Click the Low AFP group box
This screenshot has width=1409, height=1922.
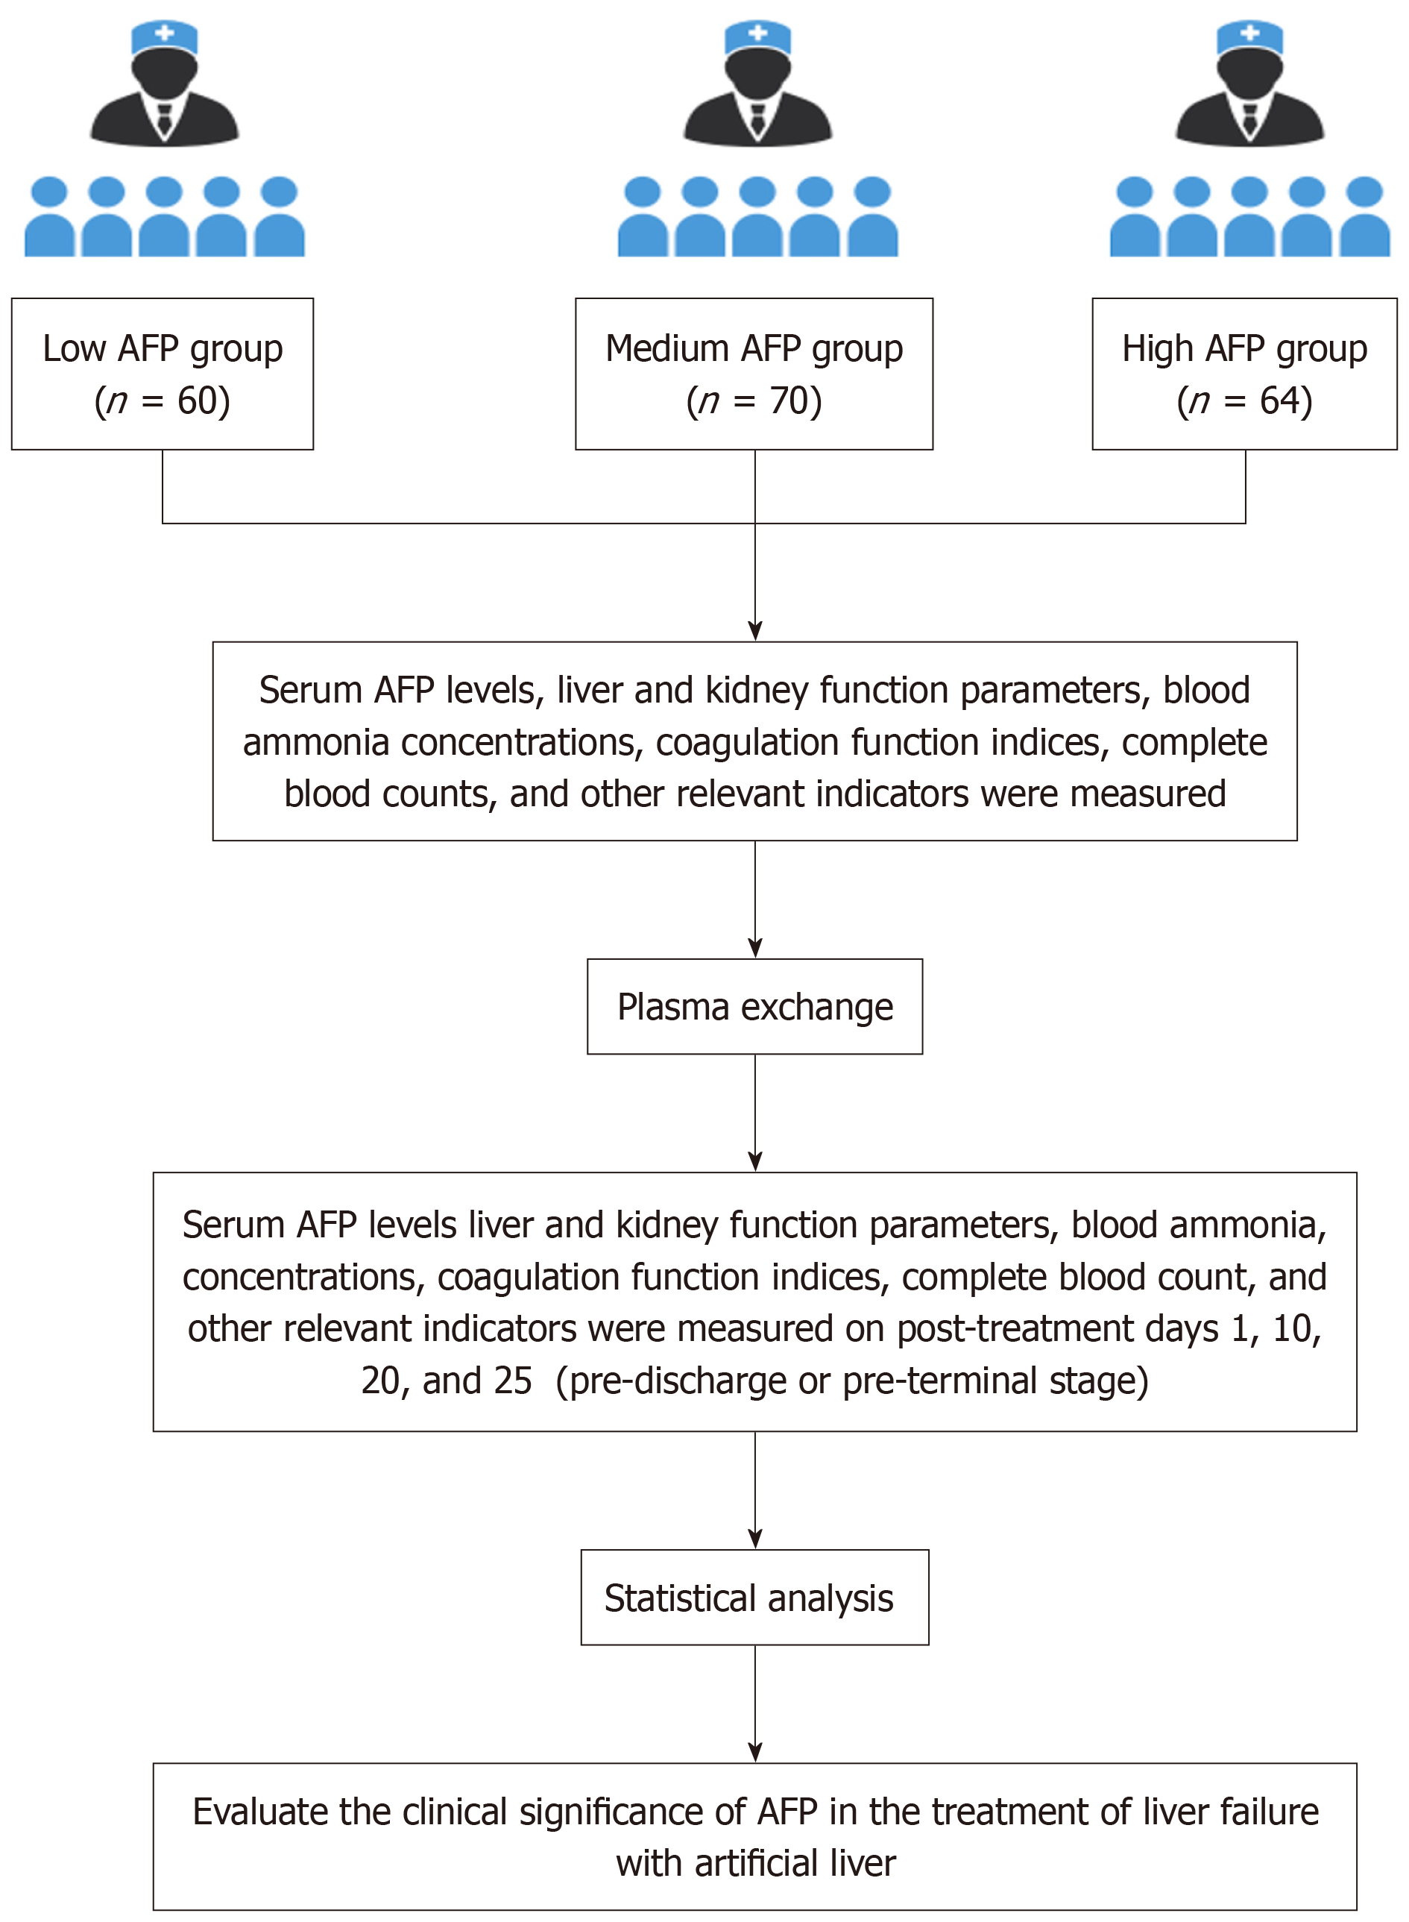tap(162, 374)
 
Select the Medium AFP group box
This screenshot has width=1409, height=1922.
tap(754, 374)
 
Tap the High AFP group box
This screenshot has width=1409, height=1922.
tap(1244, 374)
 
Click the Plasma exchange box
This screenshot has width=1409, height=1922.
tap(754, 1007)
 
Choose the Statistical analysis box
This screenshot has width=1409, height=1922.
tap(754, 1597)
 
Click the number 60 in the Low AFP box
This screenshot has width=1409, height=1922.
tap(197, 401)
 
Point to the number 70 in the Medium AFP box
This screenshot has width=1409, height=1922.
tap(789, 401)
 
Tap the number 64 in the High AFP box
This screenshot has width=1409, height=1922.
tap(1279, 401)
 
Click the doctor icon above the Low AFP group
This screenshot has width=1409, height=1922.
tap(165, 84)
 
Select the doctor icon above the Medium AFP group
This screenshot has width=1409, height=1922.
tap(757, 84)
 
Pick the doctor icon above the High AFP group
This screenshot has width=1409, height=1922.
tap(1249, 84)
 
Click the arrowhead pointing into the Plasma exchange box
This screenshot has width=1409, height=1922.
tap(754, 949)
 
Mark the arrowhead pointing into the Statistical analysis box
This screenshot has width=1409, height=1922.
tap(754, 1539)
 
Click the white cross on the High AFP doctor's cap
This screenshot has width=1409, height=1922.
tap(1249, 32)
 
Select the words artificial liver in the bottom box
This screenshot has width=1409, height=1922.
tap(795, 1863)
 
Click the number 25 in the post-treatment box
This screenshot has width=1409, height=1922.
tap(511, 1381)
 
